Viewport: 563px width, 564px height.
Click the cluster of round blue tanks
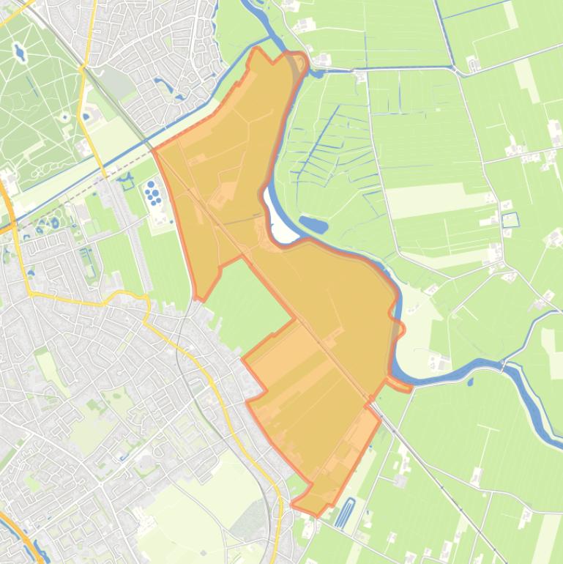click(154, 193)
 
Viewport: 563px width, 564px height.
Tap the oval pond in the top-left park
click(19, 53)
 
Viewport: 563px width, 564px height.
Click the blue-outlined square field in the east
click(510, 219)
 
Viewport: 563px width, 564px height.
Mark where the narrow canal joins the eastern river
click(455, 70)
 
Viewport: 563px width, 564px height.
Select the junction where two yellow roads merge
click(83, 69)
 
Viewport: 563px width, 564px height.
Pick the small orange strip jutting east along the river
click(399, 384)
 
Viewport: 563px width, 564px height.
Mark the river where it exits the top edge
click(246, 4)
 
